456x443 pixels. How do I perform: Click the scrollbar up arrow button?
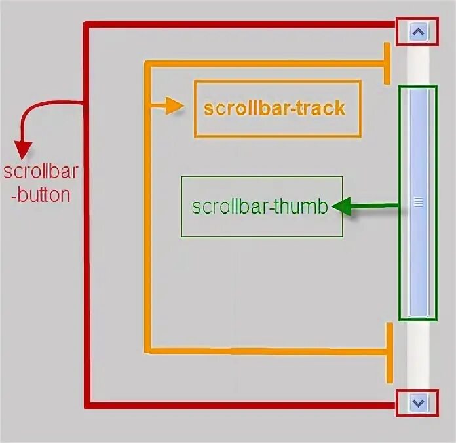(417, 31)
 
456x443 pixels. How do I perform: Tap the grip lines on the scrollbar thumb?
(418, 203)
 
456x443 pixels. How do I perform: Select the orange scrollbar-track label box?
(277, 109)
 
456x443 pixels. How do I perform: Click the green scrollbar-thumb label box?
(261, 206)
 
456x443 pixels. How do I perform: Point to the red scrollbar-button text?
(41, 183)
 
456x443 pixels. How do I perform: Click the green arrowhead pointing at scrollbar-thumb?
(341, 208)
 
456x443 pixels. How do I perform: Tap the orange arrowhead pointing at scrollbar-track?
(174, 106)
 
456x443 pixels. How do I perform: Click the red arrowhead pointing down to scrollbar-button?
(23, 150)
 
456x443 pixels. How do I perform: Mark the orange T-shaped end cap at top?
(389, 64)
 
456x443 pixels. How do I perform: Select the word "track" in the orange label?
(320, 108)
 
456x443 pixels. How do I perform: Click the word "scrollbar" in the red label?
(41, 172)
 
